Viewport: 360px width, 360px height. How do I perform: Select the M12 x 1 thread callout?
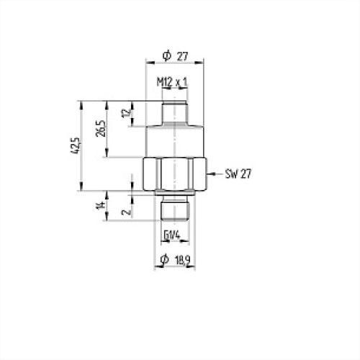(172, 84)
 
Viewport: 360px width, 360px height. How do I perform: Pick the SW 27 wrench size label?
(238, 174)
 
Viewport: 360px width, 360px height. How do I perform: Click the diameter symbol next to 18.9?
(164, 260)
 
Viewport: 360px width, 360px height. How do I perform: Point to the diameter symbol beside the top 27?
(166, 55)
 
